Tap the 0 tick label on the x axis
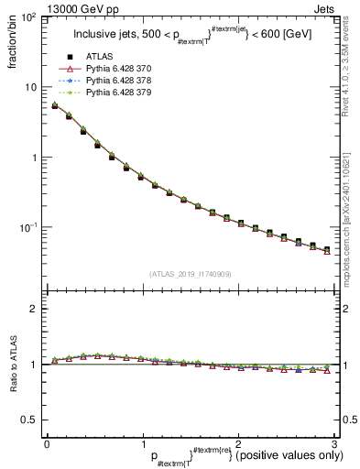point(47,442)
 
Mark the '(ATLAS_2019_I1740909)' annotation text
point(190,274)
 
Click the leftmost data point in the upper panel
point(55,106)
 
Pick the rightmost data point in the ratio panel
point(327,369)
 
